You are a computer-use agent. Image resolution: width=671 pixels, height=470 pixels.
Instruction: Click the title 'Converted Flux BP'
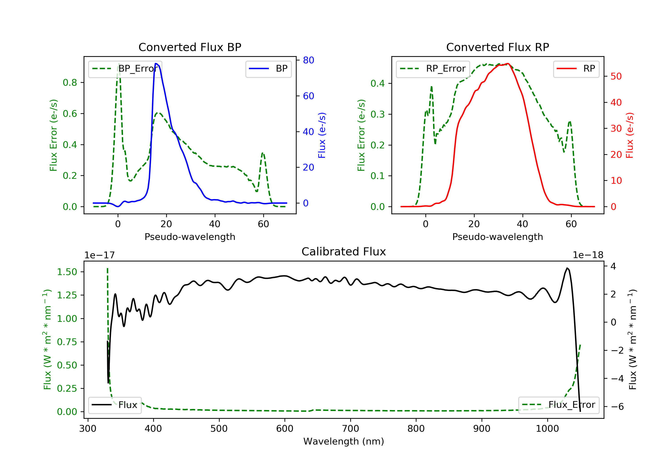(190, 47)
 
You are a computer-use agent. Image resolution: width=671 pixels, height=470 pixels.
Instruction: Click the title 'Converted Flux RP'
(497, 47)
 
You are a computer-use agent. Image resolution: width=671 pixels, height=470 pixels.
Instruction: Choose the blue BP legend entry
(268, 69)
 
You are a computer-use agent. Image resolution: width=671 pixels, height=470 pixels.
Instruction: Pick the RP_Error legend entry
(433, 69)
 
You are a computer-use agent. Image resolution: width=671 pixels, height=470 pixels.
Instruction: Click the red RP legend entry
(576, 69)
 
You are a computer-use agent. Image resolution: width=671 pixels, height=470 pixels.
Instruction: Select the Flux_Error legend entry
(558, 405)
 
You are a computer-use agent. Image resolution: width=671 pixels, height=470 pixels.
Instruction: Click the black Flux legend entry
(115, 405)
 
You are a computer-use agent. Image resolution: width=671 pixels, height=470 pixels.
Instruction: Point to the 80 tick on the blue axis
(308, 60)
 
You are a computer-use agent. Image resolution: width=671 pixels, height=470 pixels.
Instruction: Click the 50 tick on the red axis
(616, 76)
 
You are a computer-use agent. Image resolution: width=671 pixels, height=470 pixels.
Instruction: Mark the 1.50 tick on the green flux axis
(67, 272)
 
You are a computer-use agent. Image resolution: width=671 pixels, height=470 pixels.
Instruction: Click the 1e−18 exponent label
(588, 255)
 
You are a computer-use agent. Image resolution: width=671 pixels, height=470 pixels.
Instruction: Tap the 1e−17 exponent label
(99, 255)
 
